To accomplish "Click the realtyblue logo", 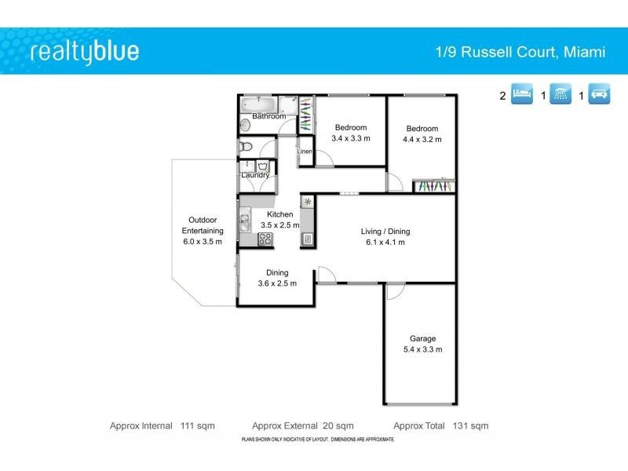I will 85,52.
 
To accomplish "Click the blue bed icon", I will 521,96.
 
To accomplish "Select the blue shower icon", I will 560,96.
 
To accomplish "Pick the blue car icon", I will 599,96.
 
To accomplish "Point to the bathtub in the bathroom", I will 258,104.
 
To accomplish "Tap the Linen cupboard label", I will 305,151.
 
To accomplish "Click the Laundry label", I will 256,175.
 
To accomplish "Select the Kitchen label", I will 280,214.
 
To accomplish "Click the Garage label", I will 422,339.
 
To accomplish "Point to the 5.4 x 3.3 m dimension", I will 422,349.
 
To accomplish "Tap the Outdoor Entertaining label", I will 203,225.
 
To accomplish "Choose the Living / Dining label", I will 385,232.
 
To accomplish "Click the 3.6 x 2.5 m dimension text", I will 277,283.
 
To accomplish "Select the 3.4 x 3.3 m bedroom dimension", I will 350,138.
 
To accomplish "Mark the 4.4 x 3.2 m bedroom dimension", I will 422,140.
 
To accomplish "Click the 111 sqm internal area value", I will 198,426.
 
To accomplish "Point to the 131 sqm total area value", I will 470,426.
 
